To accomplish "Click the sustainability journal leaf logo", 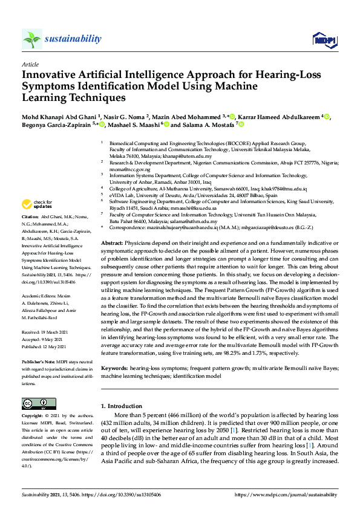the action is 32,39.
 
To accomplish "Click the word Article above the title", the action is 30,63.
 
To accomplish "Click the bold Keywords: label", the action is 115,368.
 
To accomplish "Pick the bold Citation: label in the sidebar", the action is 30,216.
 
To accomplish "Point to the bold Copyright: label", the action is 33,417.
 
